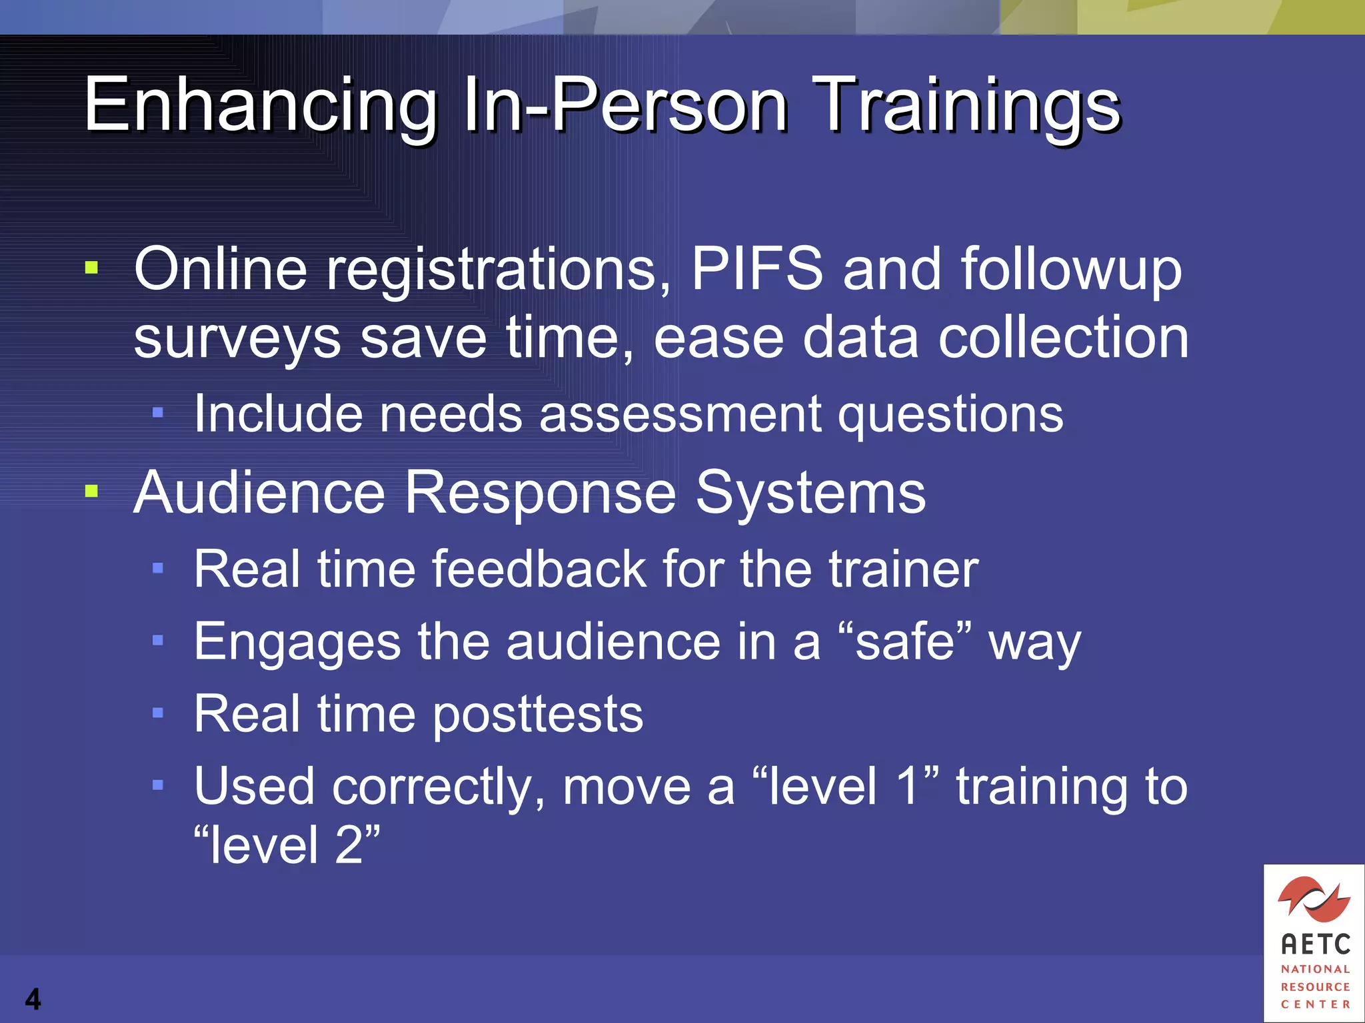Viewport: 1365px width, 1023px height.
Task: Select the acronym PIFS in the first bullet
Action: point(757,268)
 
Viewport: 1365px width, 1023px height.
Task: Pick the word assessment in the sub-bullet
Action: point(680,414)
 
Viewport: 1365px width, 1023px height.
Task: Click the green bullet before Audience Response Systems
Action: point(92,492)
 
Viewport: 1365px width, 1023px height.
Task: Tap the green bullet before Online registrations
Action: point(92,268)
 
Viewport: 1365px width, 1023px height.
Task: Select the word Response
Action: point(540,493)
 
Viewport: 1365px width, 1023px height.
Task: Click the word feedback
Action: point(539,569)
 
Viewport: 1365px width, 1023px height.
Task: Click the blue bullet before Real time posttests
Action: point(158,713)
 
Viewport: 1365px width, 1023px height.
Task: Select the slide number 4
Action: point(33,999)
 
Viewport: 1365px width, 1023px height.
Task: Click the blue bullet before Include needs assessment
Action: point(158,413)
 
